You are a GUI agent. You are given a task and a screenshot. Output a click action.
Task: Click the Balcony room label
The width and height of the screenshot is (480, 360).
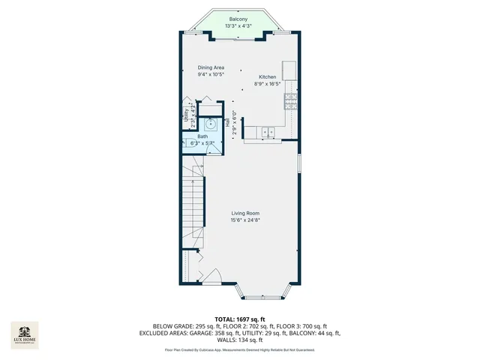(x=238, y=19)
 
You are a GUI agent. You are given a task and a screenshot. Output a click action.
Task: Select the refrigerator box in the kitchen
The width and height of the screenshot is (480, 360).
(x=289, y=70)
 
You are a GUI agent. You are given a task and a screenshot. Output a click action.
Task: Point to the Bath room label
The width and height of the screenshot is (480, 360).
(x=202, y=136)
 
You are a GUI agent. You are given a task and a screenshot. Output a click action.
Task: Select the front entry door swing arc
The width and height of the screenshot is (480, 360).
(x=211, y=276)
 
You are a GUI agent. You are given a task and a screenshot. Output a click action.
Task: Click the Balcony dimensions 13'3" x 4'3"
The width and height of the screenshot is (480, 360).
(x=238, y=26)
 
